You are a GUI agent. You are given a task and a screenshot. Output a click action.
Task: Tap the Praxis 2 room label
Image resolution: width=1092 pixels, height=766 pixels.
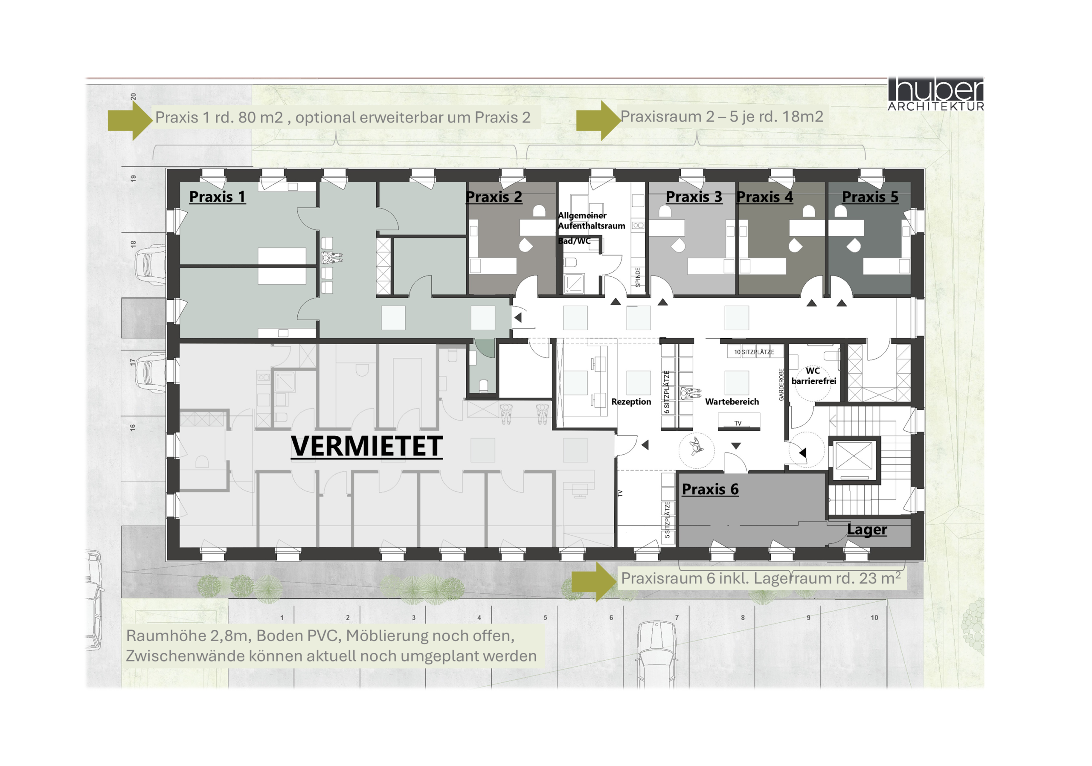[x=494, y=197]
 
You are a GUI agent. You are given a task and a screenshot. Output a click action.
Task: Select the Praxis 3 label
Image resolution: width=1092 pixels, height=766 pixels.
[x=694, y=197]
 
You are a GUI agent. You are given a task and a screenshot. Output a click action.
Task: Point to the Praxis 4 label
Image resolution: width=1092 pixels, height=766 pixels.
[x=765, y=197]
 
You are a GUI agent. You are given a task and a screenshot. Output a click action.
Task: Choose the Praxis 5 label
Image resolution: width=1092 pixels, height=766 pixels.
[x=870, y=197]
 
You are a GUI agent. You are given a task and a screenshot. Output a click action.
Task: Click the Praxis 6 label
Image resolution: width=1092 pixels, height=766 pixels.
[x=710, y=489]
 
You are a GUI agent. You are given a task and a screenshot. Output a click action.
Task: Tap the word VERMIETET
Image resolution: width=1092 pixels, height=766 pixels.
[x=367, y=446]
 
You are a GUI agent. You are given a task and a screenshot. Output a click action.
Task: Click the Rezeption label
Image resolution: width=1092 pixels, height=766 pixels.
[x=631, y=402]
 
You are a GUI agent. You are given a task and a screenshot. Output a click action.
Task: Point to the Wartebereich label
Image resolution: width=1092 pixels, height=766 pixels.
[x=732, y=402]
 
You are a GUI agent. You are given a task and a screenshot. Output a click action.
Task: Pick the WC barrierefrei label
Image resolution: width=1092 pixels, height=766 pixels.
[x=814, y=376]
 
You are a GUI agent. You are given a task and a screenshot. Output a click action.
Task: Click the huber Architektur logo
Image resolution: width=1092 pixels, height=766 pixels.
[x=935, y=94]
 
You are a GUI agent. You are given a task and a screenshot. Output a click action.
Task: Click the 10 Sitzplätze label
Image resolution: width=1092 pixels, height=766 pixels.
[x=754, y=352]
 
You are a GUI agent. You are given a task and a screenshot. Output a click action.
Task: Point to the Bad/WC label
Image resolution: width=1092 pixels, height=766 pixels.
[x=574, y=241]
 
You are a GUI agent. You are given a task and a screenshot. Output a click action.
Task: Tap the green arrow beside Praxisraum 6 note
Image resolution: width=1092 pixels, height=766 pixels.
[x=595, y=582]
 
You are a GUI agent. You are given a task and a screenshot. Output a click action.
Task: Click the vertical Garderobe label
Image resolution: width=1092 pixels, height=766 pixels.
[x=781, y=384]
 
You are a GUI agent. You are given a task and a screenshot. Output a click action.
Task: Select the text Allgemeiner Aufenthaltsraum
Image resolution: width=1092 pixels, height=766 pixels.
[x=592, y=221]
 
